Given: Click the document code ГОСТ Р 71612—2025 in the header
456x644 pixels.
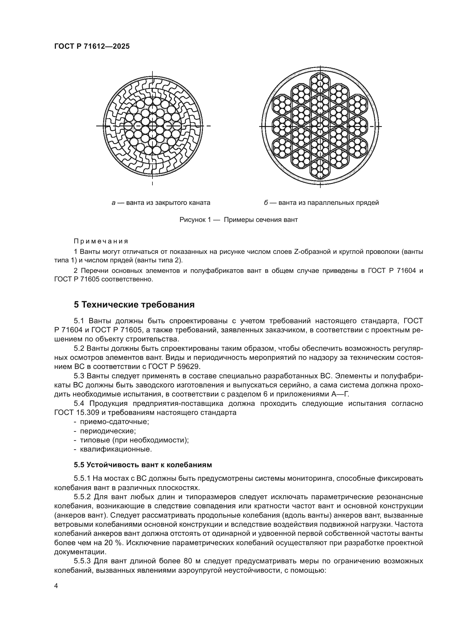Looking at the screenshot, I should tap(92, 46).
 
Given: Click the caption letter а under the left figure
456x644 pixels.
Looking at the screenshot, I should tap(113, 203).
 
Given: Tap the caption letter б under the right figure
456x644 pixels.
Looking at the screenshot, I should tap(265, 203).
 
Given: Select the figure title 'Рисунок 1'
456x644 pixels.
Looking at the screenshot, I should tap(195, 220).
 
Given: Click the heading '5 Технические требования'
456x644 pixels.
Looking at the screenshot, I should tap(134, 305).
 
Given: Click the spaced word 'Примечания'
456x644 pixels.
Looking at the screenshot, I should tap(101, 241).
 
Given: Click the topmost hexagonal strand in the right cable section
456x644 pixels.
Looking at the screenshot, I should tap(320, 82).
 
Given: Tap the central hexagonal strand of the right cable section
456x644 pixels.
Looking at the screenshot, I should tap(320, 126).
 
